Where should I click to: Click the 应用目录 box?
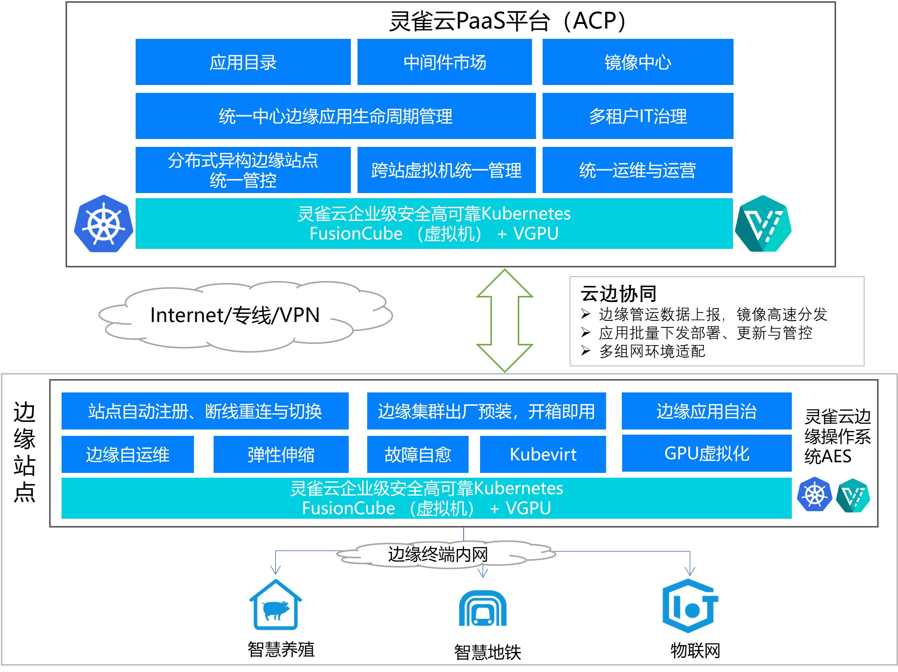coord(243,62)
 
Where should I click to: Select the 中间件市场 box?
coord(445,62)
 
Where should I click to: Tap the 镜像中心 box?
coord(638,62)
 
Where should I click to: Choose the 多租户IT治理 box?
coord(638,116)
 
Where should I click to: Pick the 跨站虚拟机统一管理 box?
coord(446,170)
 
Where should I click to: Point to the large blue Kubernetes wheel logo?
coord(103,224)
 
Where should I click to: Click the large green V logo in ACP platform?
coord(763,224)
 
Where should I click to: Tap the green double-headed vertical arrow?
coord(505,320)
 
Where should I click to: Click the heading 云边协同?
coord(618,293)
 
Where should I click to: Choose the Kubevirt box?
coord(543,454)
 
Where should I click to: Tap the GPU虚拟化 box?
coord(707,453)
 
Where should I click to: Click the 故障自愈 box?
coord(418,454)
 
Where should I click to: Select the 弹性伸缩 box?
coord(281,454)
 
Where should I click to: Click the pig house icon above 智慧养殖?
coord(276,604)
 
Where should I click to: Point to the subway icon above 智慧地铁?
coord(483,608)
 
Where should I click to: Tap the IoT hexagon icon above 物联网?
coord(690,606)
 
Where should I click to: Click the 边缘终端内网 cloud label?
coord(438,554)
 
